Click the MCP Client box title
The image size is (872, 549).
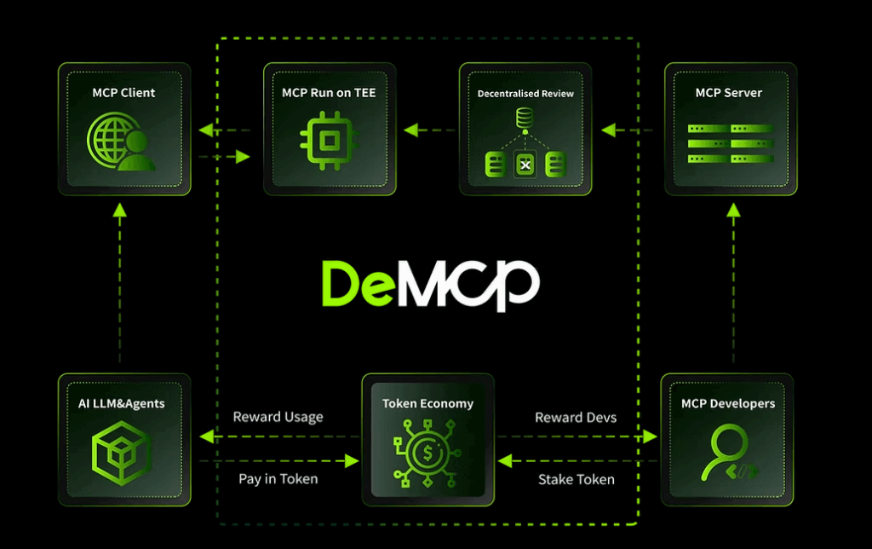[124, 92]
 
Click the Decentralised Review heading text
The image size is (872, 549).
[525, 93]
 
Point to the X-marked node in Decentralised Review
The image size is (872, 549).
[525, 163]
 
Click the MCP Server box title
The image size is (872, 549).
[729, 92]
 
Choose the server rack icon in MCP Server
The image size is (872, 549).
[730, 142]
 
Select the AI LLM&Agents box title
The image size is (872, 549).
[124, 403]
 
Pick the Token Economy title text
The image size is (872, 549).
[427, 403]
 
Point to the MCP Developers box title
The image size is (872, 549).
[728, 403]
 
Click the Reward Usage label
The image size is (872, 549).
[278, 418]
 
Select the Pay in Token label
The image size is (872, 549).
[278, 479]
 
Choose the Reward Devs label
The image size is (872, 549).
[576, 418]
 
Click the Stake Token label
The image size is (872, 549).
[576, 479]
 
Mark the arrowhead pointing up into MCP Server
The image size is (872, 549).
[732, 210]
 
